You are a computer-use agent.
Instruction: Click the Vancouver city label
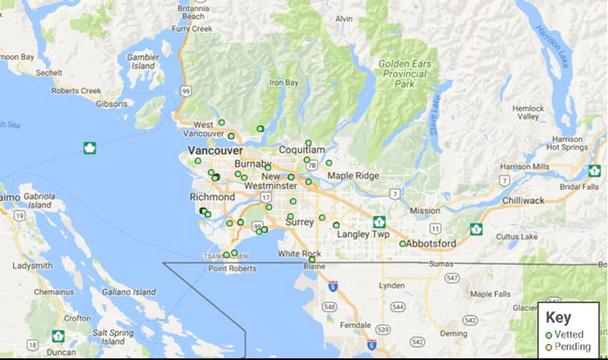coord(215,150)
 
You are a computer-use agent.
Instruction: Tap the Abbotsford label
coord(432,244)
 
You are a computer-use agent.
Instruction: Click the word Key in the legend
coord(557,316)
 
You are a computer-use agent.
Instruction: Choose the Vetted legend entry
coord(569,334)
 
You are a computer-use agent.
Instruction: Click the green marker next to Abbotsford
coord(402,244)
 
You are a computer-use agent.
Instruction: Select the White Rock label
coord(299,253)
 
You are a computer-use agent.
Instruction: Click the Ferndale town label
coord(356,324)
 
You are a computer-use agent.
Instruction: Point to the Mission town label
coord(424,210)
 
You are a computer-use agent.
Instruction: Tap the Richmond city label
coord(211,198)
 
